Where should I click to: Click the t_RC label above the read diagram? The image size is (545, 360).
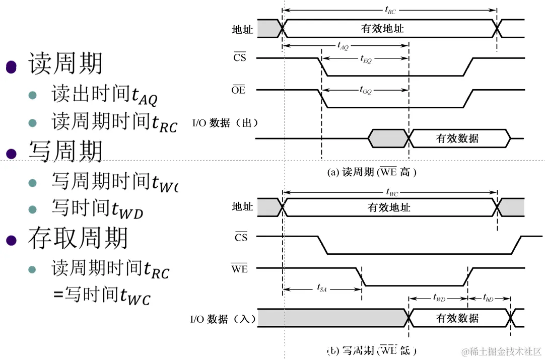(390, 10)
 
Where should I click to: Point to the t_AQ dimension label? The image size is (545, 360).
(343, 45)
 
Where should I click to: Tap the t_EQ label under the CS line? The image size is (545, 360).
(366, 59)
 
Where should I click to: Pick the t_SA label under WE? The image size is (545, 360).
(322, 288)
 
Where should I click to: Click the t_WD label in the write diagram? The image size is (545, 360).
(439, 298)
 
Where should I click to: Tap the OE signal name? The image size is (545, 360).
(238, 91)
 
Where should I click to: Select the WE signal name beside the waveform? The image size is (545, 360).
(239, 269)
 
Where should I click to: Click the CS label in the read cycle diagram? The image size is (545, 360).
(240, 58)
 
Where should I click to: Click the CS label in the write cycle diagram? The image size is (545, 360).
(241, 237)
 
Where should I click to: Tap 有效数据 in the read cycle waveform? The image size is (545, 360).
(457, 138)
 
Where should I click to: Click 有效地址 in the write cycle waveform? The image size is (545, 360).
(389, 207)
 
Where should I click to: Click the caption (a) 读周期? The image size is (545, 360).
(372, 172)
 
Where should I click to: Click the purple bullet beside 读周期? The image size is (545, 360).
(12, 66)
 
